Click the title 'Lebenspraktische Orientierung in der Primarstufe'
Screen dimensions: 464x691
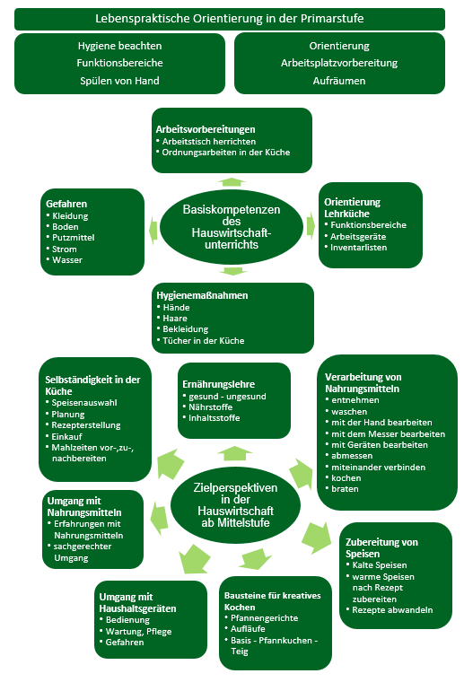click(x=230, y=19)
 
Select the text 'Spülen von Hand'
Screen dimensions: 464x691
click(x=119, y=81)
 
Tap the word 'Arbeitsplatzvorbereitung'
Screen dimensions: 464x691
click(x=339, y=63)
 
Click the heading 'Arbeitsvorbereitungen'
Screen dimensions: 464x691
click(x=206, y=129)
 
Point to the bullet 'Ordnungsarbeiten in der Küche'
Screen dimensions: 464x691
click(x=225, y=153)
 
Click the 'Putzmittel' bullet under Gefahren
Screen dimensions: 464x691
click(x=74, y=238)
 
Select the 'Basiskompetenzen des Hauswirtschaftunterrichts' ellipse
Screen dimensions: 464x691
click(x=232, y=227)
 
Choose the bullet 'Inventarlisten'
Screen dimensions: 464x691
click(x=358, y=247)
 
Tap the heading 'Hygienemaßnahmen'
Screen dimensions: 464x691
click(x=202, y=295)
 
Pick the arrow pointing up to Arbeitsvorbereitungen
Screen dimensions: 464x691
click(x=232, y=182)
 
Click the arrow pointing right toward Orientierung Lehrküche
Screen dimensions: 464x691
click(x=311, y=226)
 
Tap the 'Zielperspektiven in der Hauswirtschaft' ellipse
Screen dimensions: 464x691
click(x=235, y=505)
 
